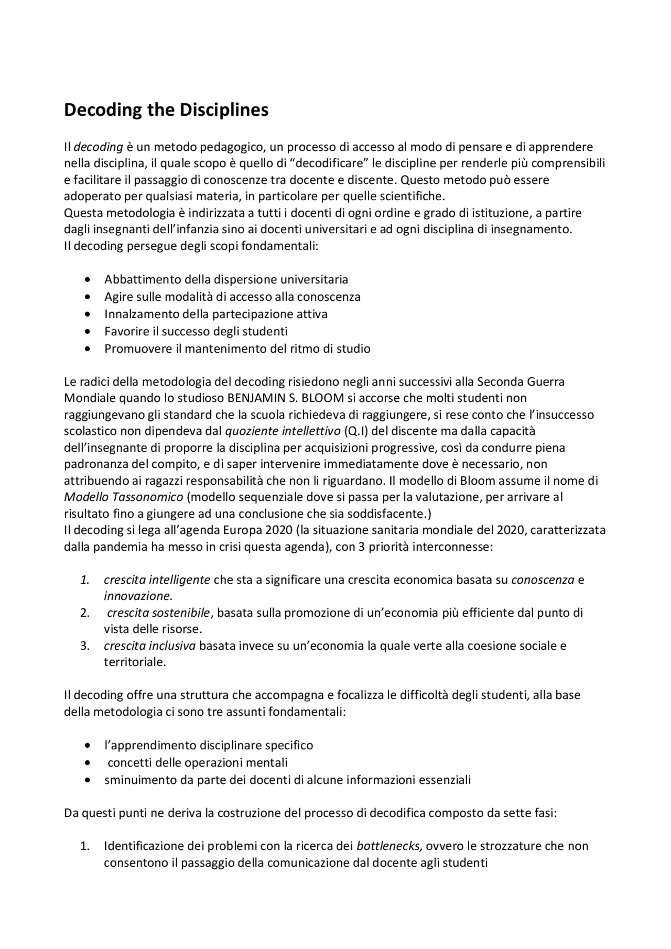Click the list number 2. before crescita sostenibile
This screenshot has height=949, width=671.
point(85,613)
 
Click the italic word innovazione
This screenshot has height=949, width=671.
point(138,596)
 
